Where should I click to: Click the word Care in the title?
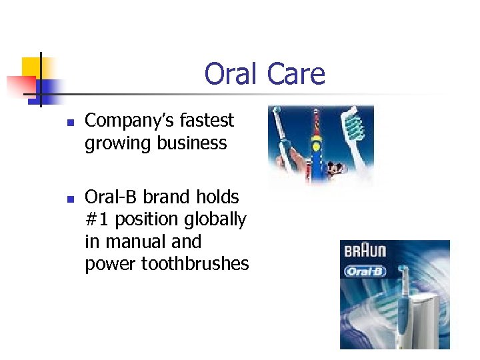(296, 74)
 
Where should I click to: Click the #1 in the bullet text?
(97, 219)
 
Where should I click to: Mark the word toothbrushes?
(195, 264)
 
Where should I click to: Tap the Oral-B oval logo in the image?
(365, 271)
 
